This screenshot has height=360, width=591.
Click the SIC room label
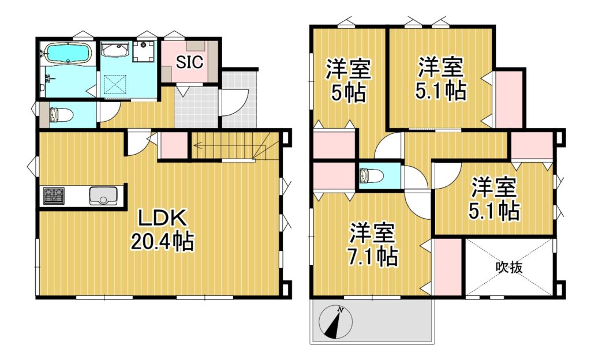(x=189, y=62)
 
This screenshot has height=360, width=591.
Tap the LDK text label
(x=162, y=219)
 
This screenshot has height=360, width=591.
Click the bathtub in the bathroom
(x=68, y=52)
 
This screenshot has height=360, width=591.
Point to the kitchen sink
(x=103, y=196)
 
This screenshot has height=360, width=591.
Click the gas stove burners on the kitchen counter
(x=54, y=196)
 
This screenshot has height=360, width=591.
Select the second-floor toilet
(x=371, y=175)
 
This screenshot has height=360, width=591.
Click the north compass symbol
(x=336, y=322)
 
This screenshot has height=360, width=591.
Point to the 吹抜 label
(x=509, y=267)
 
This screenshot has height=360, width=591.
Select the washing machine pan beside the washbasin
(x=144, y=51)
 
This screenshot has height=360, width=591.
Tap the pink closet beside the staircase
(x=174, y=145)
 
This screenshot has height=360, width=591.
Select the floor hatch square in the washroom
(x=115, y=84)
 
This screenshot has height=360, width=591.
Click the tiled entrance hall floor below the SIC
(x=196, y=108)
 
